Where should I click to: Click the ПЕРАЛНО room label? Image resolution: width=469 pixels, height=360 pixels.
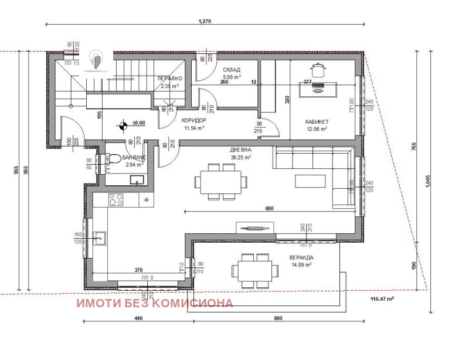pos(170,79)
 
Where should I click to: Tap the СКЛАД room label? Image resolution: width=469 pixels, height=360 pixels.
pos(231,69)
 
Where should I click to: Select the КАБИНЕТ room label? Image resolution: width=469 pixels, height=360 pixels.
pos(317,122)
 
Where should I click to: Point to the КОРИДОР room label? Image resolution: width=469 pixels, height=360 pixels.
pos(193,120)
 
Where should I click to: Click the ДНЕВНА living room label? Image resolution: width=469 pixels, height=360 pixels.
pos(240,150)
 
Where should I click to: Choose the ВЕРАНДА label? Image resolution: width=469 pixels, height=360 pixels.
pos(301,257)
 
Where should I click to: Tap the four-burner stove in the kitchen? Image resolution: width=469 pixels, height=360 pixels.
pos(116,199)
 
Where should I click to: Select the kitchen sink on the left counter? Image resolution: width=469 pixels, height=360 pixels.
pos(100,237)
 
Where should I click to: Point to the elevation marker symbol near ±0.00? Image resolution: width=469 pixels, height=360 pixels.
pos(123,124)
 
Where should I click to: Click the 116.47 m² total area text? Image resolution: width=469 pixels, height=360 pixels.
pos(382,299)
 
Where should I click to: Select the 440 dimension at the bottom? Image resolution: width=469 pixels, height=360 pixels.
pos(138,318)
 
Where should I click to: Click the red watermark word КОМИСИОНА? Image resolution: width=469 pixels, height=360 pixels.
pos(198,303)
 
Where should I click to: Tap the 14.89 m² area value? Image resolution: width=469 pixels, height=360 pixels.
pos(301,265)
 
